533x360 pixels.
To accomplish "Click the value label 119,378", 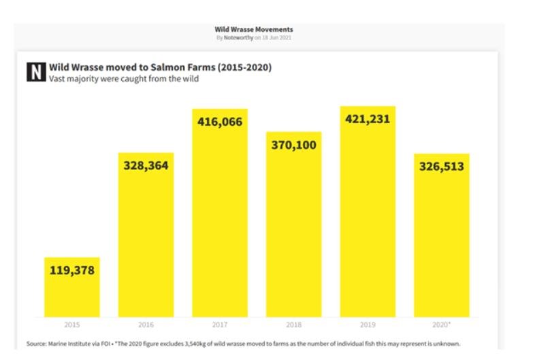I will pos(71,270).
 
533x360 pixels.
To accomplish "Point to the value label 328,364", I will pos(146,165).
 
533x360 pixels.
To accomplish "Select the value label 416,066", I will pos(220,122).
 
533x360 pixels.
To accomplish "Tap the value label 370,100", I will pos(293,145).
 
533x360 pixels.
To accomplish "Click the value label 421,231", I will pos(368,120).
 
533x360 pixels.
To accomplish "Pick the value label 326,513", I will pos(441,166).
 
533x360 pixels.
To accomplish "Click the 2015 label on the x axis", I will pos(71,325).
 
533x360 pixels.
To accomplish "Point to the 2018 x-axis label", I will pos(293,325).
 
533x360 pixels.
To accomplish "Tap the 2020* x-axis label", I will pos(442,325).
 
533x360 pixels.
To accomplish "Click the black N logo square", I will pos(35,71).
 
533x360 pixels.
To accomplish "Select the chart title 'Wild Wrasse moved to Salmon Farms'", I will pos(160,67).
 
